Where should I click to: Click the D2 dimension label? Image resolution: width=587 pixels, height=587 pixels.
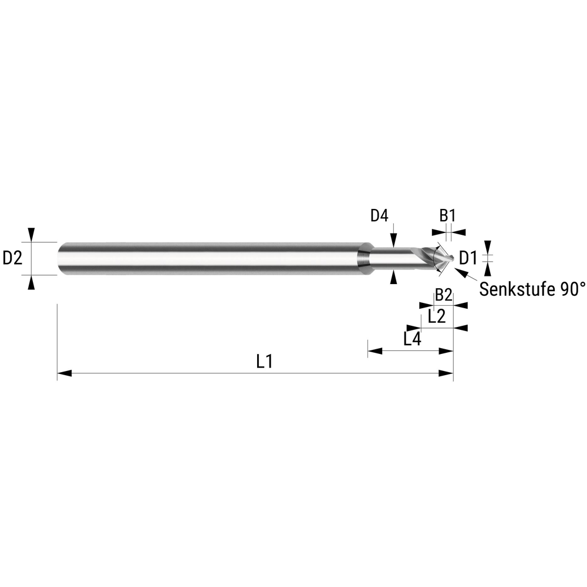click(13, 258)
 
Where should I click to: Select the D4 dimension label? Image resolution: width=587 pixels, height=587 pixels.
click(379, 216)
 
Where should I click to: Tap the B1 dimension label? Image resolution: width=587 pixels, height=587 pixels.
click(447, 215)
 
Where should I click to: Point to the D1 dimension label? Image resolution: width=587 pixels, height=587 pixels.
click(468, 258)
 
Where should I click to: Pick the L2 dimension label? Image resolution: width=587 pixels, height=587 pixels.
click(436, 318)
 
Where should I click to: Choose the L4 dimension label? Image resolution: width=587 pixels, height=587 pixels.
click(413, 339)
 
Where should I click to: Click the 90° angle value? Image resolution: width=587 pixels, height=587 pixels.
click(573, 289)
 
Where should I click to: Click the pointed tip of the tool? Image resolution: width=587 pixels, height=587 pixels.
click(453, 258)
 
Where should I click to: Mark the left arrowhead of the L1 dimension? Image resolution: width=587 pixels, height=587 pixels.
click(64, 373)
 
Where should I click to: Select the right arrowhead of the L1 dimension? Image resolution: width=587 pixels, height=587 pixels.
click(447, 373)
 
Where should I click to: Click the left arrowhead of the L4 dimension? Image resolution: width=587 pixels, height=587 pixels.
click(375, 351)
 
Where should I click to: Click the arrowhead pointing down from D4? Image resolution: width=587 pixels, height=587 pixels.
click(392, 240)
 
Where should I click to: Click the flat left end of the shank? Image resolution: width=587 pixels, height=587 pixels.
click(59, 258)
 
